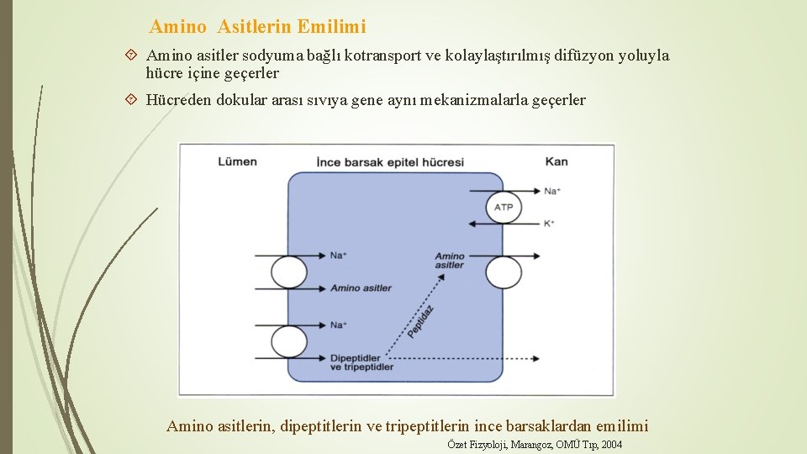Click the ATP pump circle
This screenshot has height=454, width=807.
504,207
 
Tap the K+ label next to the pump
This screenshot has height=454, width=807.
549,224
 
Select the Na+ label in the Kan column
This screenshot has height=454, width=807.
552,192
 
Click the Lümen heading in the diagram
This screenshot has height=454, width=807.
237,161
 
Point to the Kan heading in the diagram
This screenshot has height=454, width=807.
556,161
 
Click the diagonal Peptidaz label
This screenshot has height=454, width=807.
421,322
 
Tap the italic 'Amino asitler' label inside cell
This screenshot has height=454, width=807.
450,261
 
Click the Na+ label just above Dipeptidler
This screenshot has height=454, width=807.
339,325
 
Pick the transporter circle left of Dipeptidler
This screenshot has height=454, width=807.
289,341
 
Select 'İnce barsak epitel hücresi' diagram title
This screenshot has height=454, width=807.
389,161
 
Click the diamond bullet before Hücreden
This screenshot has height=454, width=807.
130,100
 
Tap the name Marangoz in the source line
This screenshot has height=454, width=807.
531,444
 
